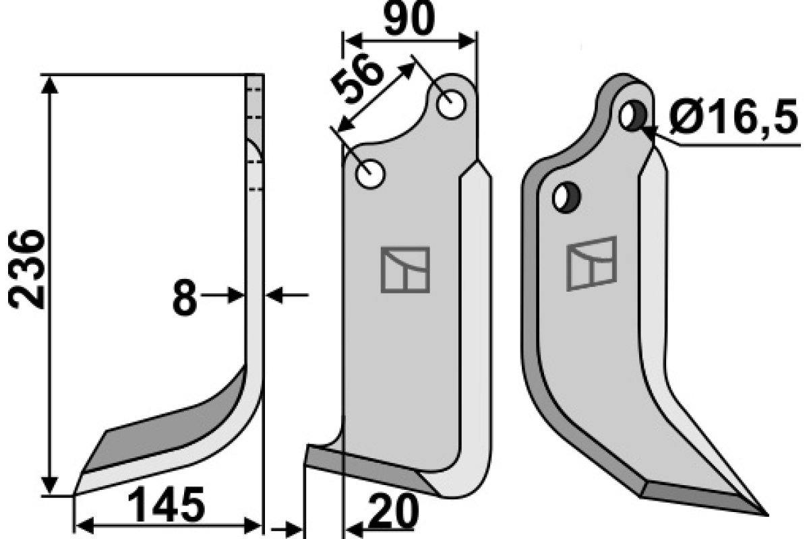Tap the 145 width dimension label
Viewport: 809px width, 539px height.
coord(165,505)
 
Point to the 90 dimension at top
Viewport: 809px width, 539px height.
coord(409,20)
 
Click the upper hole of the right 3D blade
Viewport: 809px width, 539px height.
coord(632,116)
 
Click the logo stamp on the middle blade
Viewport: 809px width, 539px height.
coord(405,269)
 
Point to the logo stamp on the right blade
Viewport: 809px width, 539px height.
coord(592,263)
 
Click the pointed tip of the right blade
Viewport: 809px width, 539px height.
coord(765,513)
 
